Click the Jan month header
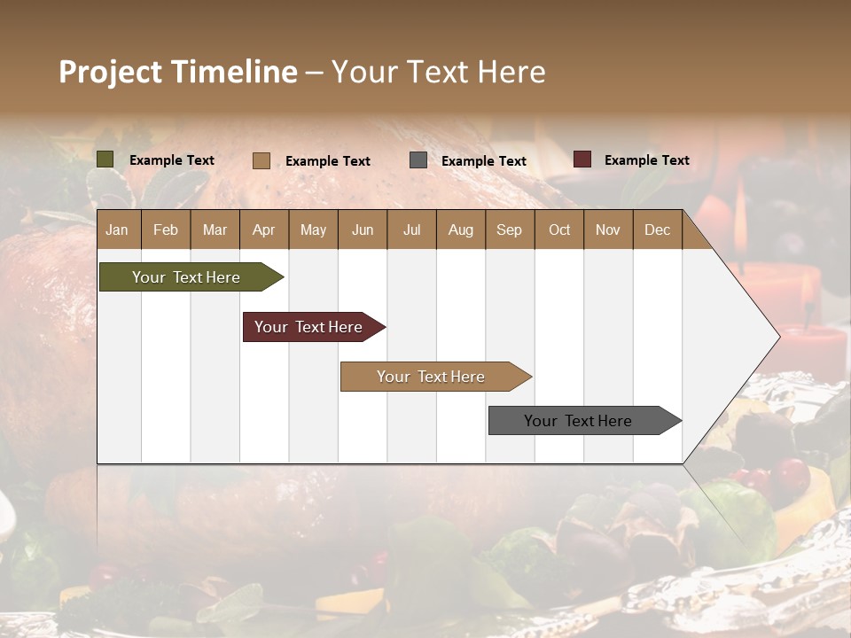pyautogui.click(x=117, y=230)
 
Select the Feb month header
pyautogui.click(x=166, y=230)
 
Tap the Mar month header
pyautogui.click(x=215, y=230)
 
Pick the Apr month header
pyautogui.click(x=264, y=230)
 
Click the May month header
pyautogui.click(x=313, y=230)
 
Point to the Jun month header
pyautogui.click(x=363, y=230)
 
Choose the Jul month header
pyautogui.click(x=411, y=230)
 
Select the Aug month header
pyautogui.click(x=461, y=230)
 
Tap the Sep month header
pyautogui.click(x=510, y=230)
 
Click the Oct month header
pyautogui.click(x=559, y=230)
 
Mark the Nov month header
pyautogui.click(x=608, y=230)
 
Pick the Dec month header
pyautogui.click(x=657, y=230)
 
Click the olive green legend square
pyautogui.click(x=105, y=159)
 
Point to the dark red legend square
pyautogui.click(x=582, y=159)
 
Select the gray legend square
pyautogui.click(x=418, y=159)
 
